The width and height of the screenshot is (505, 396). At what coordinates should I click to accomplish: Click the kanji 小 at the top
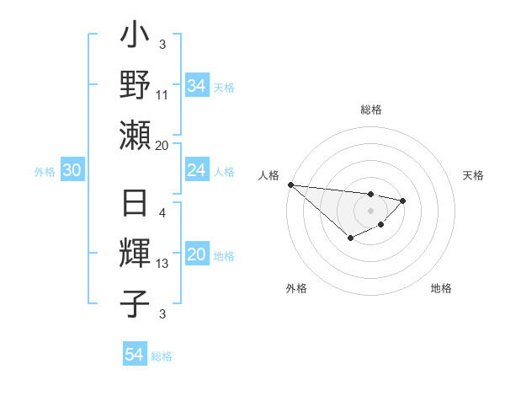tap(135, 38)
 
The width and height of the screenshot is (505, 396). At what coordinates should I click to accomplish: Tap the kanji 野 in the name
tap(135, 86)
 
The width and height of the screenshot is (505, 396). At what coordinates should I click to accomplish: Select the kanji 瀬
tap(135, 135)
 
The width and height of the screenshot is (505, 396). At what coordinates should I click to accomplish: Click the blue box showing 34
tap(196, 86)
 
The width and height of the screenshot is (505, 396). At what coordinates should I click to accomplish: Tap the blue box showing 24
tap(196, 171)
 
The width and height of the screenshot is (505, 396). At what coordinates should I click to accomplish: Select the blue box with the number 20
tap(196, 255)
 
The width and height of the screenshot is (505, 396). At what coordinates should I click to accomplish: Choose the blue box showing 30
tap(72, 171)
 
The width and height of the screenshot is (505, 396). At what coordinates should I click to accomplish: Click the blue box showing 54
tap(134, 355)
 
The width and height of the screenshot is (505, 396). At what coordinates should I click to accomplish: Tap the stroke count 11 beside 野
tap(162, 95)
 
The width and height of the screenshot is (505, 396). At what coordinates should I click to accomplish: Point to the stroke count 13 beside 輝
tap(162, 264)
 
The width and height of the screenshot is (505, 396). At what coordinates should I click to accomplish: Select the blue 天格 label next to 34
tap(223, 87)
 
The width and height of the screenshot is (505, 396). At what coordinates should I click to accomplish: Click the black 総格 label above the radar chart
tap(371, 110)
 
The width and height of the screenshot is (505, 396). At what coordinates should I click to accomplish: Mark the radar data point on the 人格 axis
tap(290, 185)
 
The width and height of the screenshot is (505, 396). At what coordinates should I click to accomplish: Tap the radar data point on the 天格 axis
tap(403, 201)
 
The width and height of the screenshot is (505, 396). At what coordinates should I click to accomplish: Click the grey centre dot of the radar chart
tap(370, 211)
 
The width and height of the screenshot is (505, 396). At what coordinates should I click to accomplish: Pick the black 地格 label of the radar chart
tap(441, 288)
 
